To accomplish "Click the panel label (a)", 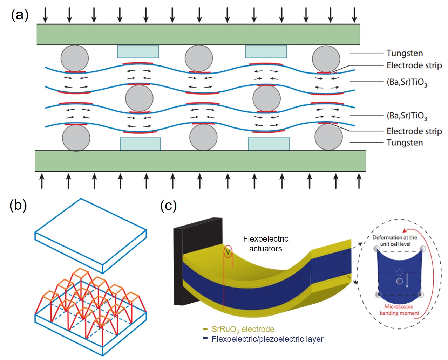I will tap(20, 15).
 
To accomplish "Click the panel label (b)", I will tap(18, 205).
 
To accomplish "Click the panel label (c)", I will tap(168, 206).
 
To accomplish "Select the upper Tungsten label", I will tap(405, 53).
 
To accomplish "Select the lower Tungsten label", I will tap(405, 143).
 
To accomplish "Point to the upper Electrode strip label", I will tap(414, 65).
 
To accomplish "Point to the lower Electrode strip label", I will tap(414, 131).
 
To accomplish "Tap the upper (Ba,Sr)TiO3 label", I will tap(407, 82).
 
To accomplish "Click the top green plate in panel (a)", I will tap(198, 34).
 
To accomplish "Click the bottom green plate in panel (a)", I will tap(200, 161).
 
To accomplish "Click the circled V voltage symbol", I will tap(228, 251).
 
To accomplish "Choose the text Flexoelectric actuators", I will tap(265, 244).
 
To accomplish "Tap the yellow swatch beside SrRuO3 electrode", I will tap(205, 329).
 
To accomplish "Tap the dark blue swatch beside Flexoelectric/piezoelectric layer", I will tap(205, 339).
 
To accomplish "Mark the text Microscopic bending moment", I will tap(399, 310).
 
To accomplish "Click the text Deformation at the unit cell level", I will tap(395, 241).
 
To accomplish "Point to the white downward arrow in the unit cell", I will tap(407, 280).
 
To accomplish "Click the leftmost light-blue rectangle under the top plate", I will tap(138, 51).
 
